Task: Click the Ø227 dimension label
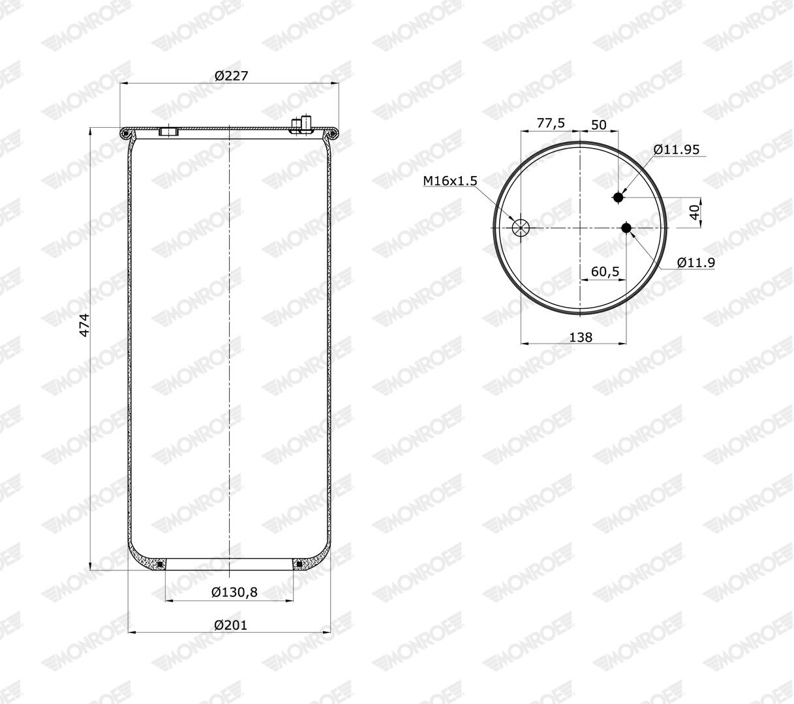(231, 75)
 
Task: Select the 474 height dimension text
(85, 325)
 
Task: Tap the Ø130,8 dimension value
(234, 592)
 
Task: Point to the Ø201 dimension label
(231, 625)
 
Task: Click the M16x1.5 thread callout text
(450, 181)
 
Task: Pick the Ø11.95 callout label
(677, 149)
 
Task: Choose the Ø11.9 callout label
(696, 262)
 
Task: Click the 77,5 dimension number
(551, 123)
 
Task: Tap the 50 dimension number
(598, 125)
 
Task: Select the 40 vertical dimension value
(694, 212)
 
